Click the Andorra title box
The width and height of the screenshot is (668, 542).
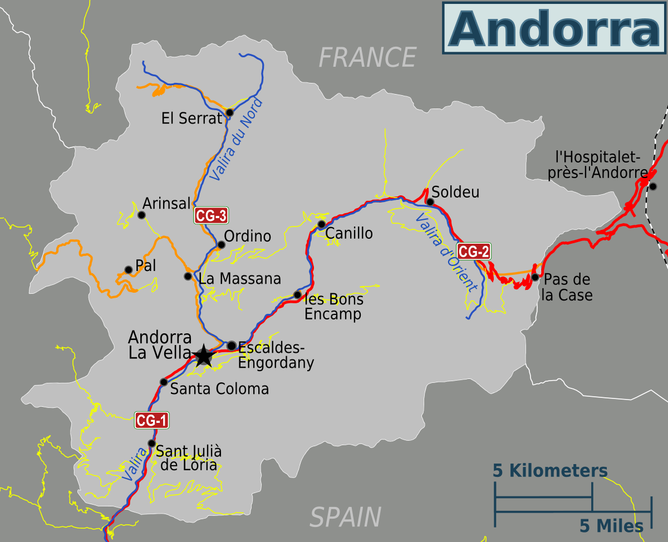554,27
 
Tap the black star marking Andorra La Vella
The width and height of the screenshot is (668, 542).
204,356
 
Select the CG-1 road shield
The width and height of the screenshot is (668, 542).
151,421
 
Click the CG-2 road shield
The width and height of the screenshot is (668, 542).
474,252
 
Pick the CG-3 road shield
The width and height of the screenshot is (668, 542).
211,215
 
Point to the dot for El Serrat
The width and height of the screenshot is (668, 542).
229,113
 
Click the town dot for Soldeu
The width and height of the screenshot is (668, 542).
430,201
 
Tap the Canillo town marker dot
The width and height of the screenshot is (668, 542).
321,224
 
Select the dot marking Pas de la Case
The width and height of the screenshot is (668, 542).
534,277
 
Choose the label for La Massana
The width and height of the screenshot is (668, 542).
239,278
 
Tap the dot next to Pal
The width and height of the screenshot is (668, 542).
128,270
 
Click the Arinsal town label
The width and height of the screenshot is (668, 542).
166,203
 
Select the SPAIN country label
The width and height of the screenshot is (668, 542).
345,517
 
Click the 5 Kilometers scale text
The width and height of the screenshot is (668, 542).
550,471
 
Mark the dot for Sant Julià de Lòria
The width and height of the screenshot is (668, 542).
151,443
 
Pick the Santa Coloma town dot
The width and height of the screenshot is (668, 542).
164,382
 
